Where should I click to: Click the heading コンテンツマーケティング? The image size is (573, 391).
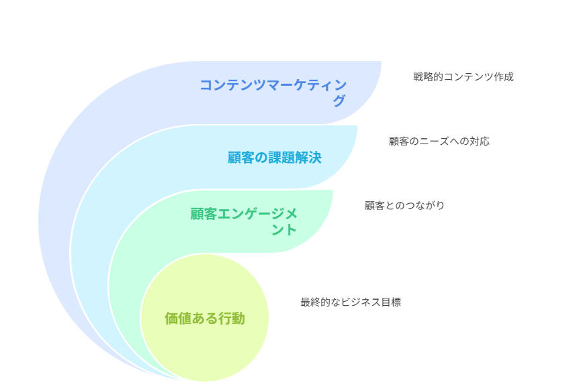[x=273, y=93]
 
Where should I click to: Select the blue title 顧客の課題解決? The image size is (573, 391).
[x=275, y=158]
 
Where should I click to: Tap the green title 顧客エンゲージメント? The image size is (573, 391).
[x=244, y=221]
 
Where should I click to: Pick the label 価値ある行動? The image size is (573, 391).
[x=205, y=319]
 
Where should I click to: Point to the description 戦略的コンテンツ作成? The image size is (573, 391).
[x=464, y=77]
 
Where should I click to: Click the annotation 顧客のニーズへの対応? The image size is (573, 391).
[x=439, y=141]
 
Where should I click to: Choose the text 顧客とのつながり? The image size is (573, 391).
[x=404, y=205]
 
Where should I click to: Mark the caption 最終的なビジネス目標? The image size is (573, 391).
[x=351, y=302]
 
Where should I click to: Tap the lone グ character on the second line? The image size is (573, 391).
[x=339, y=101]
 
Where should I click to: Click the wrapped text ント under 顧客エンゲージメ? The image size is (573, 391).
[x=284, y=230]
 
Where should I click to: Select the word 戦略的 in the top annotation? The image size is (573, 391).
[x=428, y=77]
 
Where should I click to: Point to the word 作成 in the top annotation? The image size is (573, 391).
[x=504, y=77]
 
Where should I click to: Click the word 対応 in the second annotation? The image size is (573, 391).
[x=480, y=141]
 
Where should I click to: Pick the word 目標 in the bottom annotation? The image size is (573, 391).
[x=391, y=302]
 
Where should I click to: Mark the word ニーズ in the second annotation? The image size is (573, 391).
[x=434, y=141]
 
